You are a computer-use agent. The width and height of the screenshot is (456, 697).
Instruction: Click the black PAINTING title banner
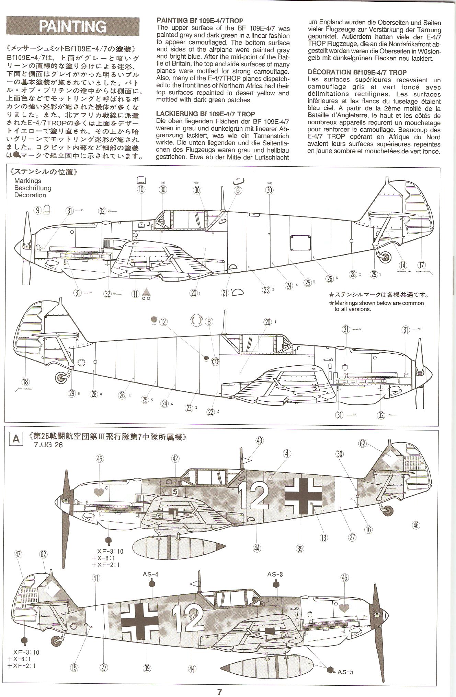[x=73, y=26]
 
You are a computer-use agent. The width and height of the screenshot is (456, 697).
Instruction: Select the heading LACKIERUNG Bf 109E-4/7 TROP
[x=205, y=114]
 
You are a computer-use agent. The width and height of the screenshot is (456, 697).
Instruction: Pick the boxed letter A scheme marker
[x=16, y=439]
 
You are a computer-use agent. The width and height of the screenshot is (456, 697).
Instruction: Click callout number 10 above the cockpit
[x=141, y=189]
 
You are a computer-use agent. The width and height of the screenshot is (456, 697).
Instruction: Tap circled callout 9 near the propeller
[x=38, y=210]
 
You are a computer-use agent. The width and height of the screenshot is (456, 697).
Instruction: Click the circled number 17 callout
[x=421, y=265]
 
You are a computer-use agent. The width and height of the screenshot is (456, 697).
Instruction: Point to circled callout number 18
[x=26, y=381]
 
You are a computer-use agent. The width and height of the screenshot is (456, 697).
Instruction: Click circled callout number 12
[x=163, y=321]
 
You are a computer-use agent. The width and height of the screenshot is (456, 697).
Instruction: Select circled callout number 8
[x=209, y=321]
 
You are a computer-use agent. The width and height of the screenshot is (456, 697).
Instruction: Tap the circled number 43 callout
[x=259, y=440]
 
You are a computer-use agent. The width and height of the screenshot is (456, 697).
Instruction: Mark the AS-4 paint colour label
[x=151, y=575]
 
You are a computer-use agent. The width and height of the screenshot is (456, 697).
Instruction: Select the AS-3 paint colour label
[x=275, y=575]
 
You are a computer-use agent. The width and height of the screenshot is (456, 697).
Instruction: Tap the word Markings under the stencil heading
[x=28, y=181]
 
